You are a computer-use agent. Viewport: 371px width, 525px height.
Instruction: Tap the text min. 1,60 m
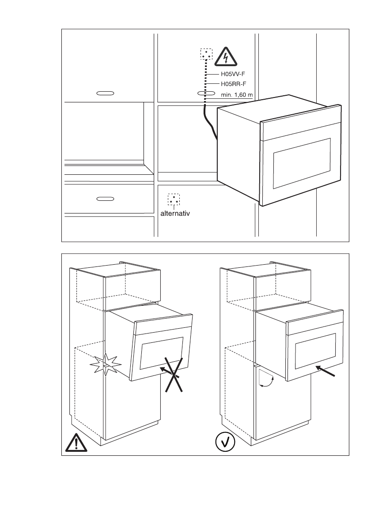[x=236, y=94]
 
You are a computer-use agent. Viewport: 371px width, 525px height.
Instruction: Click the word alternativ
[x=177, y=213]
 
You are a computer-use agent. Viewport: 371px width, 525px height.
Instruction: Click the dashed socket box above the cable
[x=206, y=55]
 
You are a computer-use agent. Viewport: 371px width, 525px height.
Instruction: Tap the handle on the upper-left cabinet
[x=105, y=94]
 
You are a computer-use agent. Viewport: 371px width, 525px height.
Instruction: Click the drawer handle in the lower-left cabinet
[x=105, y=199]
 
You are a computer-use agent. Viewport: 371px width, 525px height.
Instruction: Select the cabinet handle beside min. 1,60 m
[x=206, y=94]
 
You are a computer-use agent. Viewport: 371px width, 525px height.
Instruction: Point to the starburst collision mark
[x=105, y=364]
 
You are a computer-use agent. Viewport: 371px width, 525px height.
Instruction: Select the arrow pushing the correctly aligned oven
[x=326, y=371]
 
